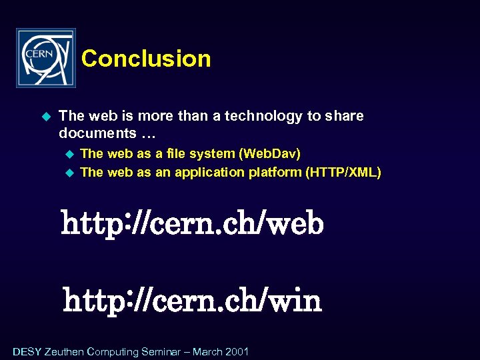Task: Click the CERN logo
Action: pyautogui.click(x=46, y=58)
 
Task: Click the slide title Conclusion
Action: pyautogui.click(x=146, y=59)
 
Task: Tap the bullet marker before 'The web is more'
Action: pyautogui.click(x=46, y=117)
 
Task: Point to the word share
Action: pyautogui.click(x=344, y=117)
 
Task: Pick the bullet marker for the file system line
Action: pyautogui.click(x=67, y=154)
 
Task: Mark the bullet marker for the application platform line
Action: pyautogui.click(x=67, y=173)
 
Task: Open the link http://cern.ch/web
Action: pyautogui.click(x=192, y=223)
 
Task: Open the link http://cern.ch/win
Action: pyautogui.click(x=192, y=301)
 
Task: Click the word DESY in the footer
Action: pyautogui.click(x=27, y=351)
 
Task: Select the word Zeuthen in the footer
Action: pyautogui.click(x=64, y=351)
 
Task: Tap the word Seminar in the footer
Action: pyautogui.click(x=161, y=351)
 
